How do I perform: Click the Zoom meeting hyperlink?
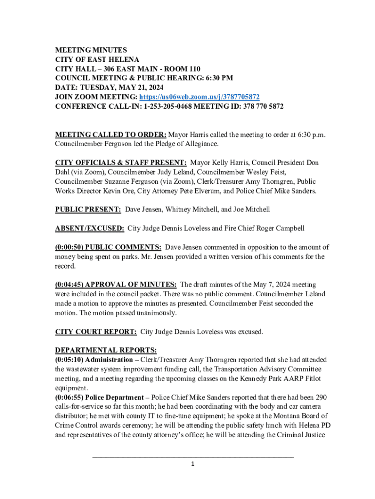tap(200, 97)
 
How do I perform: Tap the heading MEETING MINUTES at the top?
tap(91, 51)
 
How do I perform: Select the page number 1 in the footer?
tap(193, 464)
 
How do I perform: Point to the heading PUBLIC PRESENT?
tap(88, 210)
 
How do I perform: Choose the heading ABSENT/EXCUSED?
tap(90, 228)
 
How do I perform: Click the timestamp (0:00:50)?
tap(69, 247)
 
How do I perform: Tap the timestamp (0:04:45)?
tap(69, 285)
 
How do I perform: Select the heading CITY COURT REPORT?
tap(96, 332)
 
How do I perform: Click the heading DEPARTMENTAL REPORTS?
tap(106, 350)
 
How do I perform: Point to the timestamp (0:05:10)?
tap(69, 360)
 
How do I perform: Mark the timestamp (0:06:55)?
tap(69, 398)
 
